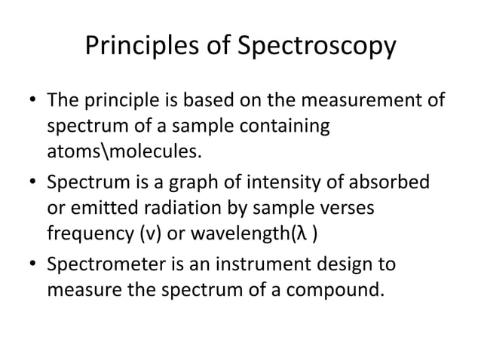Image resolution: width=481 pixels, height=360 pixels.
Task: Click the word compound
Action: (x=335, y=289)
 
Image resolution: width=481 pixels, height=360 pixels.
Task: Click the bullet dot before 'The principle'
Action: (x=32, y=102)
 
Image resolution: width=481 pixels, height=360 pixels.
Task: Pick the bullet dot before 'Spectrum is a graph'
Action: (x=32, y=183)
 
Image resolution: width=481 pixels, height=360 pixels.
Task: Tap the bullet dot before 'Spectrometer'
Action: (x=32, y=264)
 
